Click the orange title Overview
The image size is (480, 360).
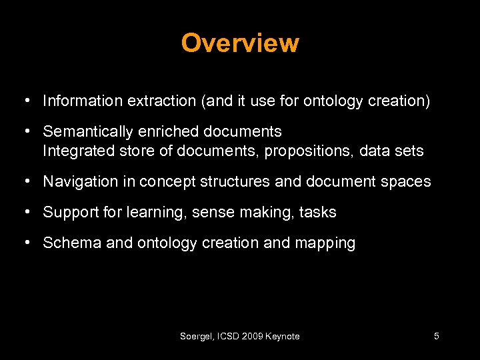tap(240, 43)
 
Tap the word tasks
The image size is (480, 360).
tap(317, 213)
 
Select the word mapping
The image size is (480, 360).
tap(325, 243)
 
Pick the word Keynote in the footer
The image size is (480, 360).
tap(283, 337)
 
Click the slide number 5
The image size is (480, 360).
tap(436, 337)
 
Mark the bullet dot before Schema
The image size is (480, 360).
tap(25, 243)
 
